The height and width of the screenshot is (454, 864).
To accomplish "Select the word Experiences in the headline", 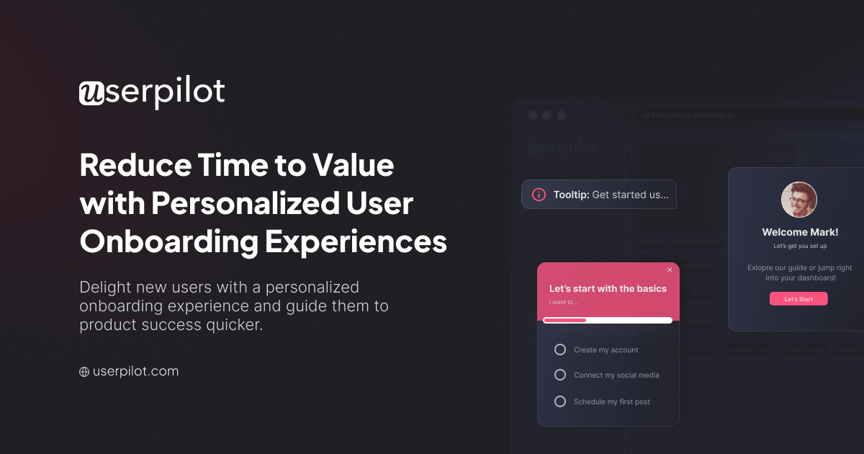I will pos(356,242).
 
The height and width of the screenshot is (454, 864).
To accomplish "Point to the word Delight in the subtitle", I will pos(105,287).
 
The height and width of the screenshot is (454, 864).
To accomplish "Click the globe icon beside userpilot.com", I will pos(84,372).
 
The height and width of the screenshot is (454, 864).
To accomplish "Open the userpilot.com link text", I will pos(135,372).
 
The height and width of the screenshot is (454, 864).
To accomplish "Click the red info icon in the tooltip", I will pos(539,195).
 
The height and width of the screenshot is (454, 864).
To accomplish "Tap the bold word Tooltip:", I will pos(571,195).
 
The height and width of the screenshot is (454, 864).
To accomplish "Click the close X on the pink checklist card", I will pos(670,270).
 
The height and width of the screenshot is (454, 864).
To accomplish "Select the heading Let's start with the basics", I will pos(608,288).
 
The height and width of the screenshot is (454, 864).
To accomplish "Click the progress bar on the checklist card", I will pos(608,320).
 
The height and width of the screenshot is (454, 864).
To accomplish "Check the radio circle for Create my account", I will pos(560,350).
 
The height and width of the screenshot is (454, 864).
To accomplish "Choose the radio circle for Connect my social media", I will pos(560,375).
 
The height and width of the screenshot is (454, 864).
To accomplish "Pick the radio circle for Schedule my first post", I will pos(560,401).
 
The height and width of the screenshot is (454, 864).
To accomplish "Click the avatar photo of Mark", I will pos(799,200).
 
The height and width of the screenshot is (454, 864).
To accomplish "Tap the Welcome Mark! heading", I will pos(800,232).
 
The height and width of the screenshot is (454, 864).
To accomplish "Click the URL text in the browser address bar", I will pos(692,115).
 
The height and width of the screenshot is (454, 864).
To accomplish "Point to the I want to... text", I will pos(563,302).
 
